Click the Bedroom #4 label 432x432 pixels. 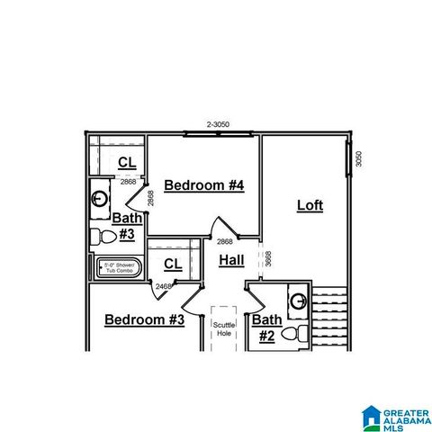click(x=204, y=185)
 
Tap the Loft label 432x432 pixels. click(x=310, y=205)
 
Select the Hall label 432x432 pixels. click(x=231, y=260)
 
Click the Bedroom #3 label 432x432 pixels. click(x=144, y=319)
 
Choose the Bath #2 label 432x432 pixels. click(x=266, y=328)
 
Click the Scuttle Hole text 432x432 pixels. click(x=223, y=328)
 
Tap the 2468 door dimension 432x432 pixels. click(x=163, y=286)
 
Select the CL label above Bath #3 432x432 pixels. click(x=128, y=162)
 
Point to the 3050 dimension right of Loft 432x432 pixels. click(x=358, y=158)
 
